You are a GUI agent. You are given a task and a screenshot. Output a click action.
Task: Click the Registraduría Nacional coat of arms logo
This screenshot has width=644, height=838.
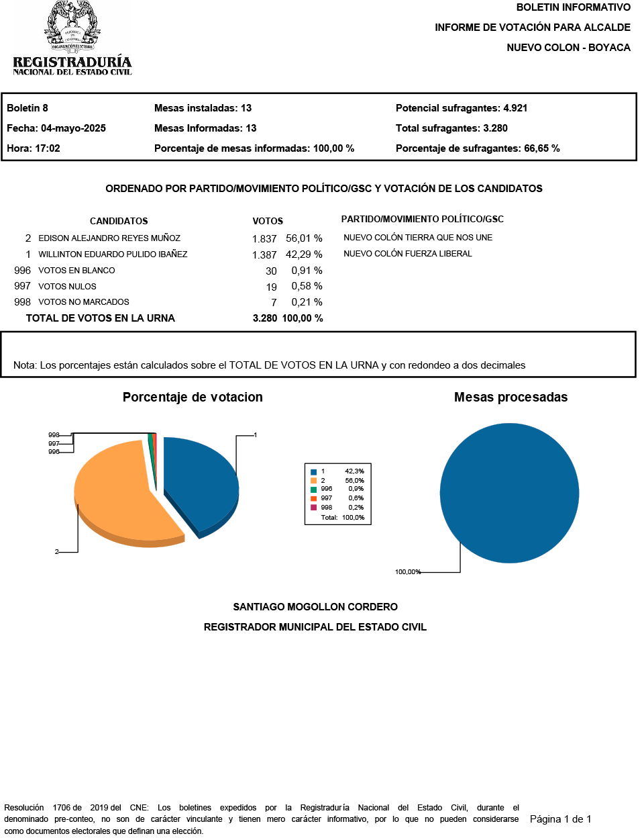point(72,27)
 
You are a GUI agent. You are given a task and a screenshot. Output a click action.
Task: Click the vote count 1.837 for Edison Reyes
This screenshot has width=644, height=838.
point(264,238)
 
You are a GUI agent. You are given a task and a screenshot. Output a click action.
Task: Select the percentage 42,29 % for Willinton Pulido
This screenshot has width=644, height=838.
point(304,254)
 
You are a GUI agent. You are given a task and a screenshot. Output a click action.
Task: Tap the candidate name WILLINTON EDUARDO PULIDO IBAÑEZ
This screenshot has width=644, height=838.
point(113,254)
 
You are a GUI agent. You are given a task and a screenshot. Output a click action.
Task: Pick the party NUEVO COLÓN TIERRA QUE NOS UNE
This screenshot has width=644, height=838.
point(418,238)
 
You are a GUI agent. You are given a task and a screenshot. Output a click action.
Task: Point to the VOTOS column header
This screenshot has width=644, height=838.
point(268,221)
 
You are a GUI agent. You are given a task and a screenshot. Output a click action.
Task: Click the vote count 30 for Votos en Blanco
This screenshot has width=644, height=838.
point(271,271)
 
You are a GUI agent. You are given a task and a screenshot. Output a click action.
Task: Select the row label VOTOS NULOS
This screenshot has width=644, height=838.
point(67,287)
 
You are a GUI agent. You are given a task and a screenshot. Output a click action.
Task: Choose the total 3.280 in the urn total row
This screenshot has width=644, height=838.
point(264,318)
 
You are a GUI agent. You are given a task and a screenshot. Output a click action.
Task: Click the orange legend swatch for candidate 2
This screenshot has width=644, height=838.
point(313,481)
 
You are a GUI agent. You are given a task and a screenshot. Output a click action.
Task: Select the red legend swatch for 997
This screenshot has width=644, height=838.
point(313,498)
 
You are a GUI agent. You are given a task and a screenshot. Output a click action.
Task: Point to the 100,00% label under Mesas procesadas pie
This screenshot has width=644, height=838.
point(408,572)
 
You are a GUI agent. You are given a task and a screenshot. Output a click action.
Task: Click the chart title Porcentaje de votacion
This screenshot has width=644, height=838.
point(193,397)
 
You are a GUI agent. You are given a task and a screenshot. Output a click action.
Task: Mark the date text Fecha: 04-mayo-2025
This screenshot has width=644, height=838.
point(56,128)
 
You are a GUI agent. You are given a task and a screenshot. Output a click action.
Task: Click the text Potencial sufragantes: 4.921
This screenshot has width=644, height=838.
point(462,108)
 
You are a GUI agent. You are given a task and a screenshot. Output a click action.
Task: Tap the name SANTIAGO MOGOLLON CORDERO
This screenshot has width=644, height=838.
point(315,607)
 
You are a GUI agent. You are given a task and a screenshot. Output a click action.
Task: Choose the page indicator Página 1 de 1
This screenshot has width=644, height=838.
point(561,819)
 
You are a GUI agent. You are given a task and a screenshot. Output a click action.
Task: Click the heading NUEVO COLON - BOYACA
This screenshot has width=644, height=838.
point(568,48)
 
